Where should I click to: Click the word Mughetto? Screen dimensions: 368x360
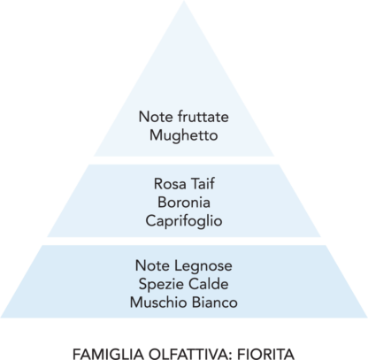coord(184,136)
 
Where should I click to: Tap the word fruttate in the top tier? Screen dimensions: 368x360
coord(203,117)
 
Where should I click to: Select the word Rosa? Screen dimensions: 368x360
coord(170,184)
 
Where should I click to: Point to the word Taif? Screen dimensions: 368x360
coord(203,183)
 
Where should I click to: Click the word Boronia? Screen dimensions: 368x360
coord(184,203)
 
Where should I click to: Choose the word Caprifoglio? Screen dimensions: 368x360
coord(184,221)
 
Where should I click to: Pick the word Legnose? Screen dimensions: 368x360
coord(203,266)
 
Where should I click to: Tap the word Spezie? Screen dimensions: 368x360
coord(161,285)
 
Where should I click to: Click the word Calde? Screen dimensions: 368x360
coord(209,284)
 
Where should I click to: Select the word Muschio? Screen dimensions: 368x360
coord(158,303)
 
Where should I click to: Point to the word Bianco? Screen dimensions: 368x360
coord(215,303)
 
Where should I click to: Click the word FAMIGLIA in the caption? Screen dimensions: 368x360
coord(109,354)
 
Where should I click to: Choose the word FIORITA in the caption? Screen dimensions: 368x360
coord(266,354)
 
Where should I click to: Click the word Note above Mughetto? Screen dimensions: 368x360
coord(156,117)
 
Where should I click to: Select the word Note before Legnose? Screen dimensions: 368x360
coord(153,266)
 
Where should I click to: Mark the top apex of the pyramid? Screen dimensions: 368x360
coord(184,1)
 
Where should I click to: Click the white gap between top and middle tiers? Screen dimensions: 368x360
coord(184,160)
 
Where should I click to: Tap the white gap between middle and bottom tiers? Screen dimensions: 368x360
coord(184,241)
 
